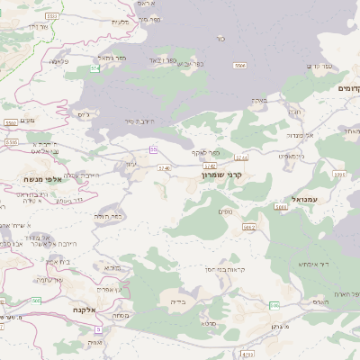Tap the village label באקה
[x=261, y=101]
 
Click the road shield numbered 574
[x=94, y=67]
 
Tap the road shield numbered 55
[x=154, y=148]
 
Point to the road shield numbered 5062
[x=249, y=228]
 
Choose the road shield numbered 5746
[x=164, y=167]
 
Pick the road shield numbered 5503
[x=12, y=142]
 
